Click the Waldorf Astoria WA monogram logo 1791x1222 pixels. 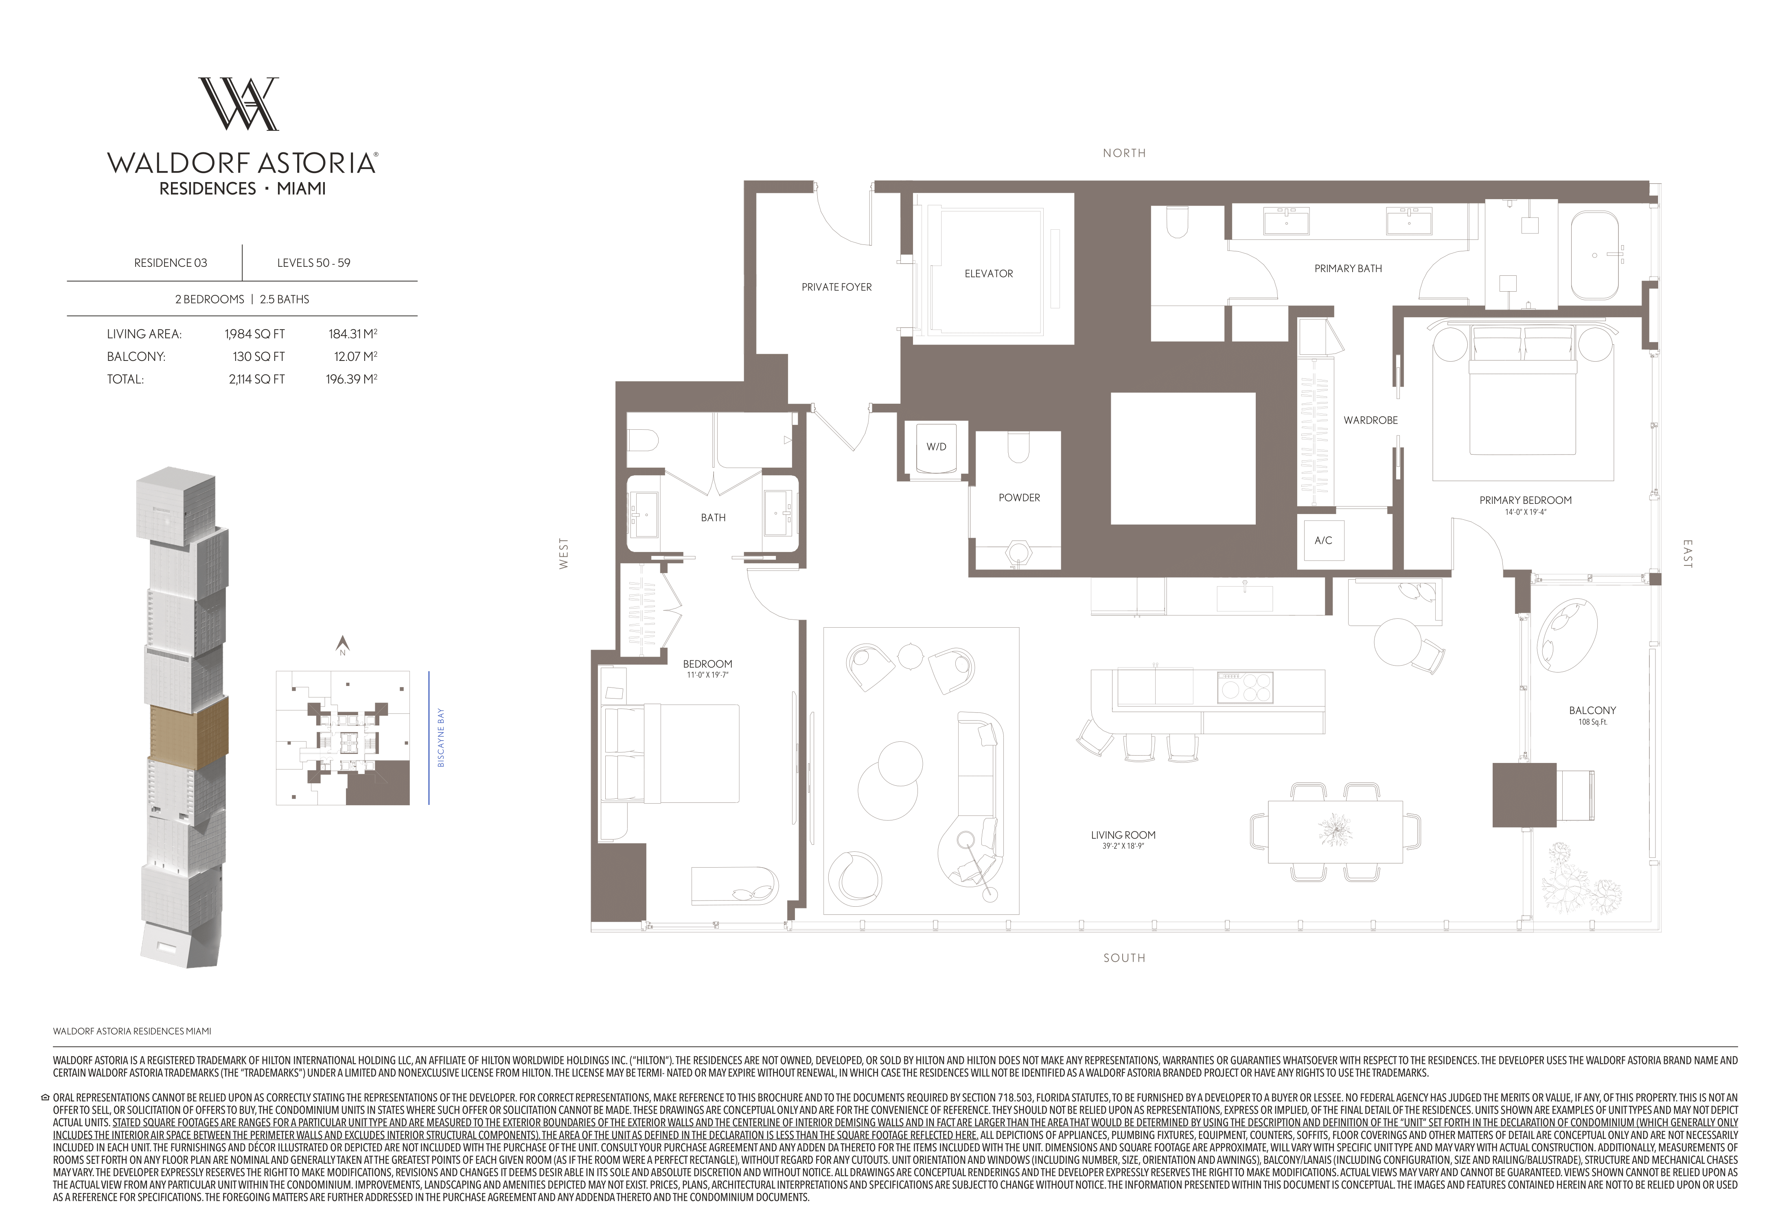[239, 103]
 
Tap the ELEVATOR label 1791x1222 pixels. [989, 274]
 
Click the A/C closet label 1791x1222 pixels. [1323, 541]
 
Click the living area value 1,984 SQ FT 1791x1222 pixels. [254, 334]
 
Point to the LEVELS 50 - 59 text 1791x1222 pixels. [314, 263]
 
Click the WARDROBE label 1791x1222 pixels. [1370, 421]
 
